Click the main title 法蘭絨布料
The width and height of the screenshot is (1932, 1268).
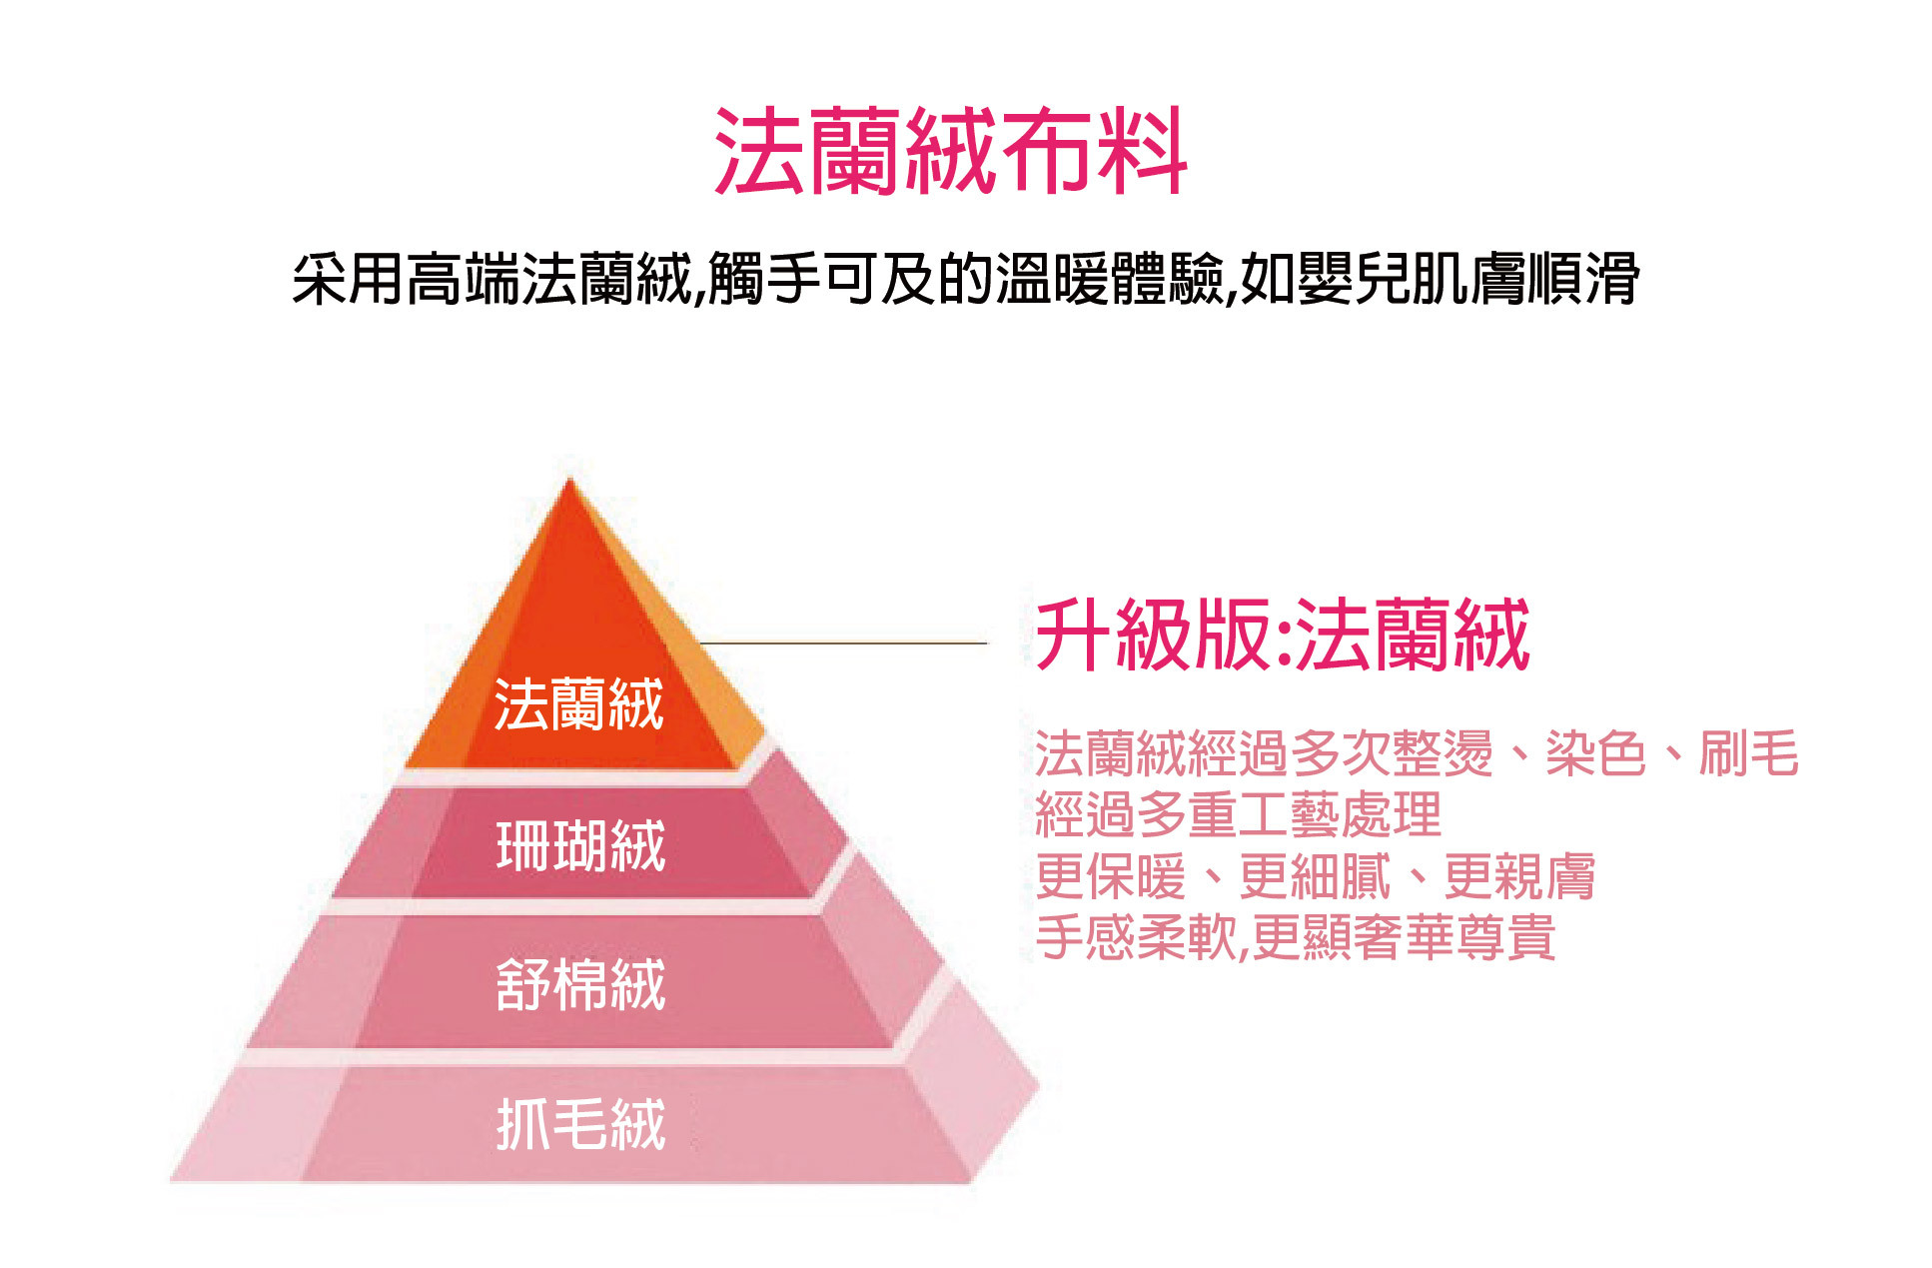[950, 151]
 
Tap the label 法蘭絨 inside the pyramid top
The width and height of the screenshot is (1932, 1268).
[578, 704]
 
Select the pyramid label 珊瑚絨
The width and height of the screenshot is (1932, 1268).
[580, 845]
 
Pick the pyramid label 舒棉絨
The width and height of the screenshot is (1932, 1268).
[580, 984]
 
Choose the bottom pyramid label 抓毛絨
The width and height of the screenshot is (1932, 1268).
[580, 1123]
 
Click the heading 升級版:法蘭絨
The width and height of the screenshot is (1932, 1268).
[1283, 634]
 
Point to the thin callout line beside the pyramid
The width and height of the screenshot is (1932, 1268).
[844, 642]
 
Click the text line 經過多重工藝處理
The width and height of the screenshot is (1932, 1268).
[1238, 814]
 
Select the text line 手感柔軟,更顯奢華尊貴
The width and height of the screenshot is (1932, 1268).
[1295, 937]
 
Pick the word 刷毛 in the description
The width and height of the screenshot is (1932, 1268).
[1748, 753]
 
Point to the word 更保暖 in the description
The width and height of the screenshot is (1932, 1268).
[1110, 876]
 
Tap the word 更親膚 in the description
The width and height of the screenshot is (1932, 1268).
[1518, 876]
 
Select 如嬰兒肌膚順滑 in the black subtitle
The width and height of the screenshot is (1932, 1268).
[1439, 278]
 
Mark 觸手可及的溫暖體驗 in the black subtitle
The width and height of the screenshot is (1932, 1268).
[965, 278]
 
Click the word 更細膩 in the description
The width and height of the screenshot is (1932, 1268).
[1315, 876]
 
